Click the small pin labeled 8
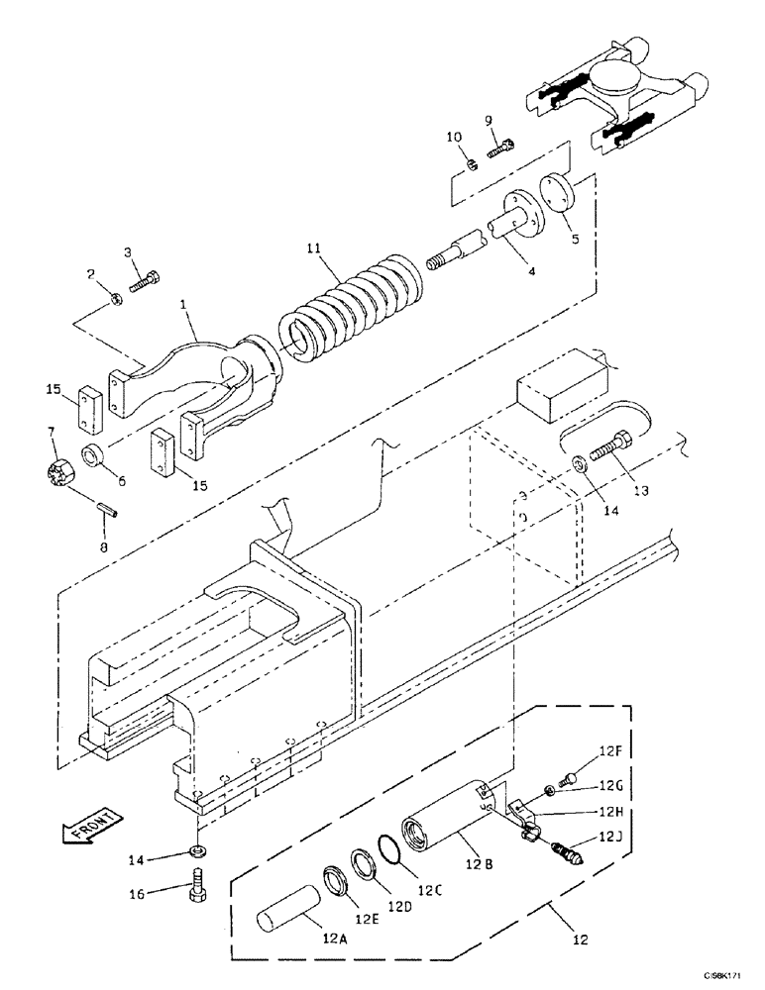(112, 511)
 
